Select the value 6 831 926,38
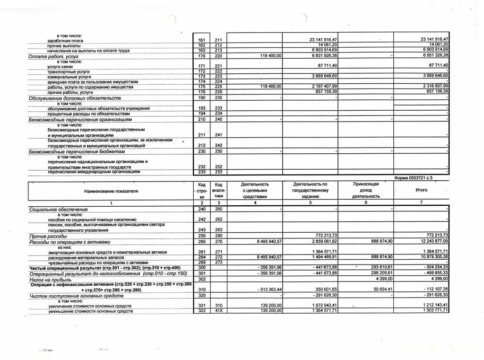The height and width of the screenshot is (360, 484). pos(321,56)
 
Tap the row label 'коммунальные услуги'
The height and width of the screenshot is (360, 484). pos(69,77)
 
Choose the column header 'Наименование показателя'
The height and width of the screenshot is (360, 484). pos(111,191)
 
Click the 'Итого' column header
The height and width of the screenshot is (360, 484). pos(421,190)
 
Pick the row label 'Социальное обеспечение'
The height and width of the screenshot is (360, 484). pos(58,209)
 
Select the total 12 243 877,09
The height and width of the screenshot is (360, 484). pos(430,241)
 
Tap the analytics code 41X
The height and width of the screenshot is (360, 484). pos(218,310)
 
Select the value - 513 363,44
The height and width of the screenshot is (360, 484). pos(267,289)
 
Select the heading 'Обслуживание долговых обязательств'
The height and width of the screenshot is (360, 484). pos(75,98)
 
